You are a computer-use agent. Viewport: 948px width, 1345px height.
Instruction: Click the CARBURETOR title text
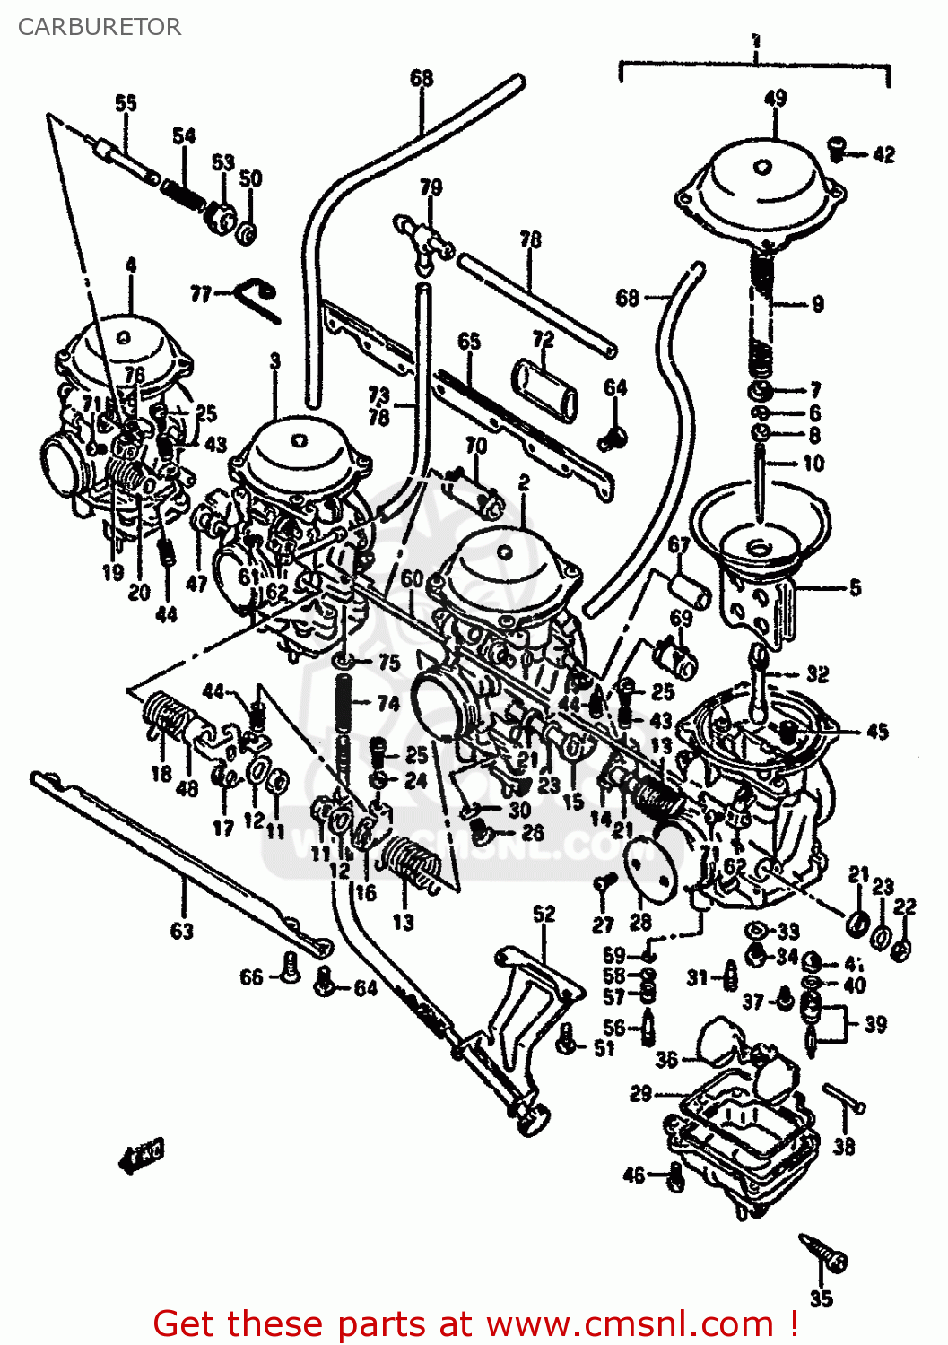coord(100,27)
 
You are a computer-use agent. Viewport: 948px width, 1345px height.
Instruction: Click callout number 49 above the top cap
coord(775,99)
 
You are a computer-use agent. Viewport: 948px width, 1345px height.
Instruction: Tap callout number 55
coord(126,103)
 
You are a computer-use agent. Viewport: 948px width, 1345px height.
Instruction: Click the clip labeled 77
coord(258,296)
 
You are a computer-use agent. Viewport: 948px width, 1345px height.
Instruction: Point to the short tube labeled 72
coord(545,389)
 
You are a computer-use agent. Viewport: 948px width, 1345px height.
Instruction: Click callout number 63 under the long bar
coord(182,931)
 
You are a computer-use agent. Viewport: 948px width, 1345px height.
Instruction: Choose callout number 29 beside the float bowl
coord(640,1093)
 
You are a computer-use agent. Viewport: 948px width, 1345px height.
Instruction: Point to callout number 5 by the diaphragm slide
coord(855,587)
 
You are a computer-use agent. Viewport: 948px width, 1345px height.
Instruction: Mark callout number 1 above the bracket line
coord(756,41)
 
